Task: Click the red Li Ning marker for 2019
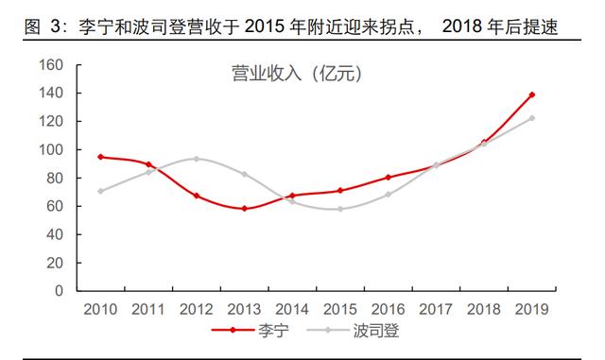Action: [x=532, y=94]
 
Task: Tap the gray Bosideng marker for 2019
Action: [x=532, y=118]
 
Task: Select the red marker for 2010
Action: [x=99, y=157]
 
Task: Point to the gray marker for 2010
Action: [x=99, y=191]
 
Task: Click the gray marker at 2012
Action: [x=196, y=159]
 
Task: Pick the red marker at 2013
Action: [x=244, y=208]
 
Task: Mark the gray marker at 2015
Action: [x=340, y=209]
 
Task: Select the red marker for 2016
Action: [x=389, y=177]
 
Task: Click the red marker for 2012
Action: [x=196, y=196]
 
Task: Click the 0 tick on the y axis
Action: [x=58, y=291]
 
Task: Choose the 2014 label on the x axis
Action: [x=292, y=309]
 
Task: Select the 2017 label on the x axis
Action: [x=436, y=309]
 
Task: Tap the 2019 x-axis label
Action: [x=532, y=309]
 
